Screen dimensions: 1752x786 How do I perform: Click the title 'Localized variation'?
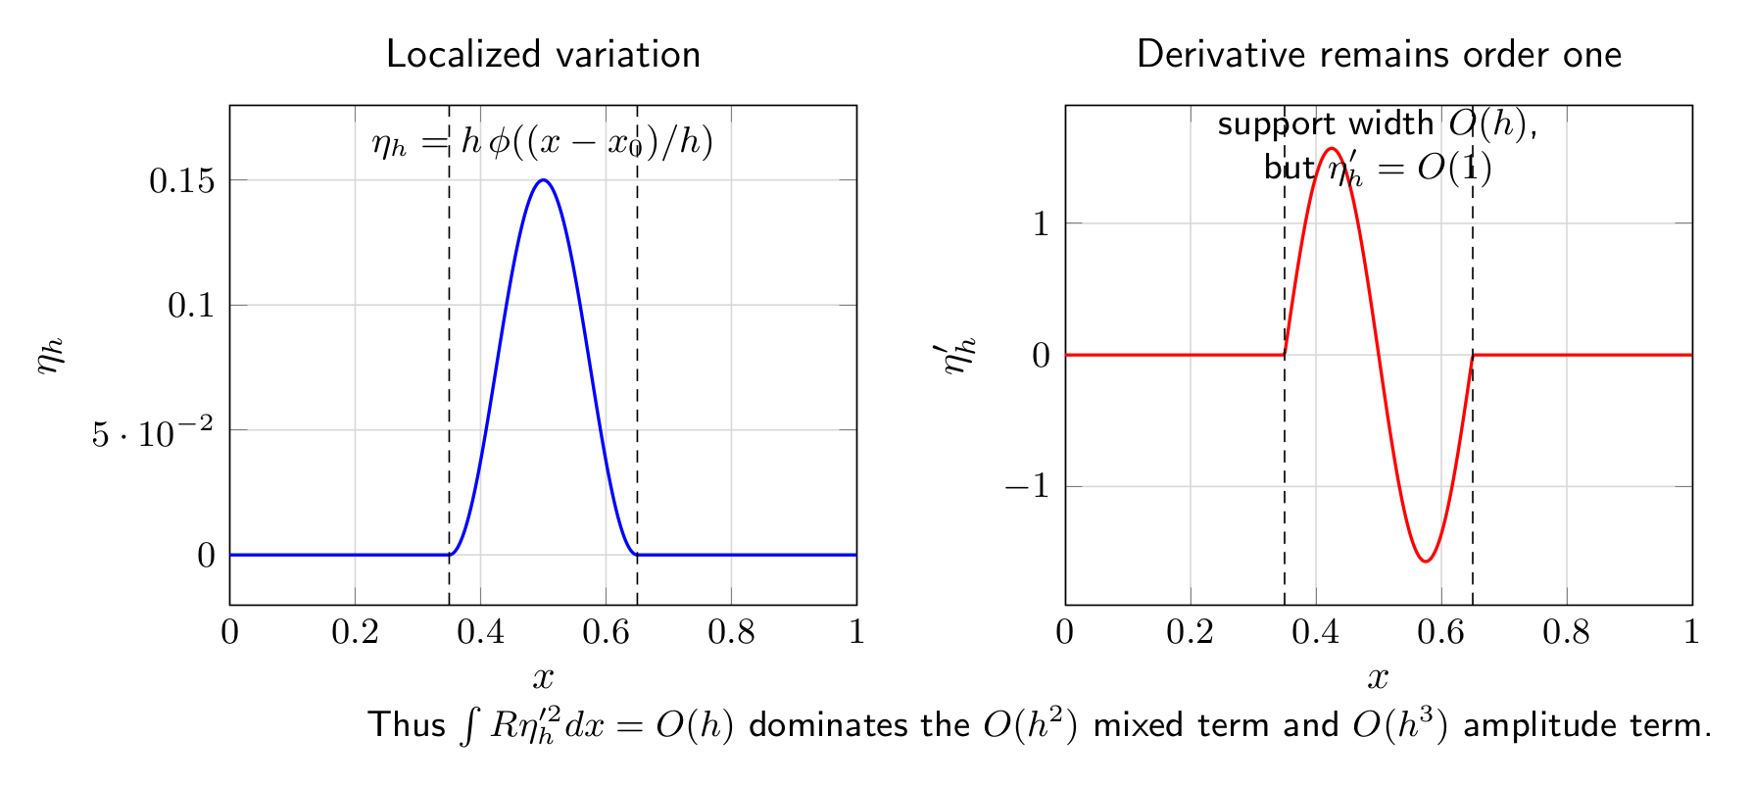pyautogui.click(x=544, y=54)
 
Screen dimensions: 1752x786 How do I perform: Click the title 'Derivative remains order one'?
pyautogui.click(x=1379, y=54)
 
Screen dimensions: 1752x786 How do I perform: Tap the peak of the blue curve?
pyautogui.click(x=543, y=180)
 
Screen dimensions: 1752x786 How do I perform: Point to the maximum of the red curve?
pyautogui.click(x=1332, y=149)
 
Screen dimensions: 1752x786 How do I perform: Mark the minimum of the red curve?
pyautogui.click(x=1426, y=561)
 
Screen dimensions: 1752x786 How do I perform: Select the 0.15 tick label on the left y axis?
pyautogui.click(x=181, y=180)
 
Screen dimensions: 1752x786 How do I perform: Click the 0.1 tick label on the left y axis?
pyautogui.click(x=191, y=305)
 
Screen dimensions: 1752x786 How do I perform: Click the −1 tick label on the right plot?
pyautogui.click(x=1027, y=486)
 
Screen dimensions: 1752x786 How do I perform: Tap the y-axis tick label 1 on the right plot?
pyautogui.click(x=1041, y=223)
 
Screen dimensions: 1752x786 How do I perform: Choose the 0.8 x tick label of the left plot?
pyautogui.click(x=731, y=632)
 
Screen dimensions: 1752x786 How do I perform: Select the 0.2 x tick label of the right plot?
pyautogui.click(x=1190, y=632)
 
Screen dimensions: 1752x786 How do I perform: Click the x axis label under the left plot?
pyautogui.click(x=543, y=677)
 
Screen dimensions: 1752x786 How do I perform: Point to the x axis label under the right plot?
pyautogui.click(x=1378, y=677)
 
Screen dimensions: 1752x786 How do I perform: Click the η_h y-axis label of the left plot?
pyautogui.click(x=52, y=355)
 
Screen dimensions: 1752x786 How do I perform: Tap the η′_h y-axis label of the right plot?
pyautogui.click(x=960, y=355)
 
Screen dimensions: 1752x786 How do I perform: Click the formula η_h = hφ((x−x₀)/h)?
pyautogui.click(x=543, y=143)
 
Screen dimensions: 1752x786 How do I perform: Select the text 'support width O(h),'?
pyautogui.click(x=1378, y=123)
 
